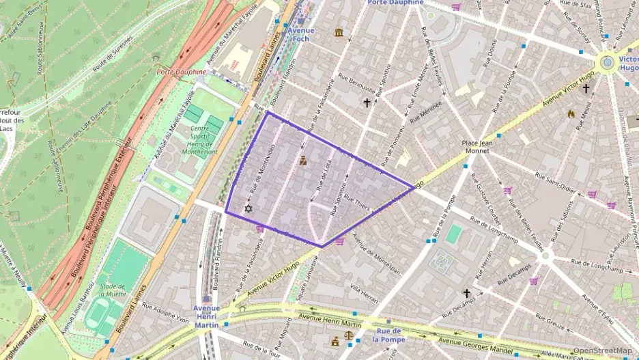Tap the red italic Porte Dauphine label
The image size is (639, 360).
pos(181,72)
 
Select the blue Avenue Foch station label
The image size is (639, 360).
pos(300,34)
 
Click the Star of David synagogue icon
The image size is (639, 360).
pos(248,208)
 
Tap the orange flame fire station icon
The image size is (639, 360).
pos(571,114)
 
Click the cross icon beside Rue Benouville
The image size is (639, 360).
pos(367,102)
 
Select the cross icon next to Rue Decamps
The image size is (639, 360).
pos(467,293)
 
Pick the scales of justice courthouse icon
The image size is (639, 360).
pos(350,336)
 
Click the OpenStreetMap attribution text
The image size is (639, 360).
pos(602,351)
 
